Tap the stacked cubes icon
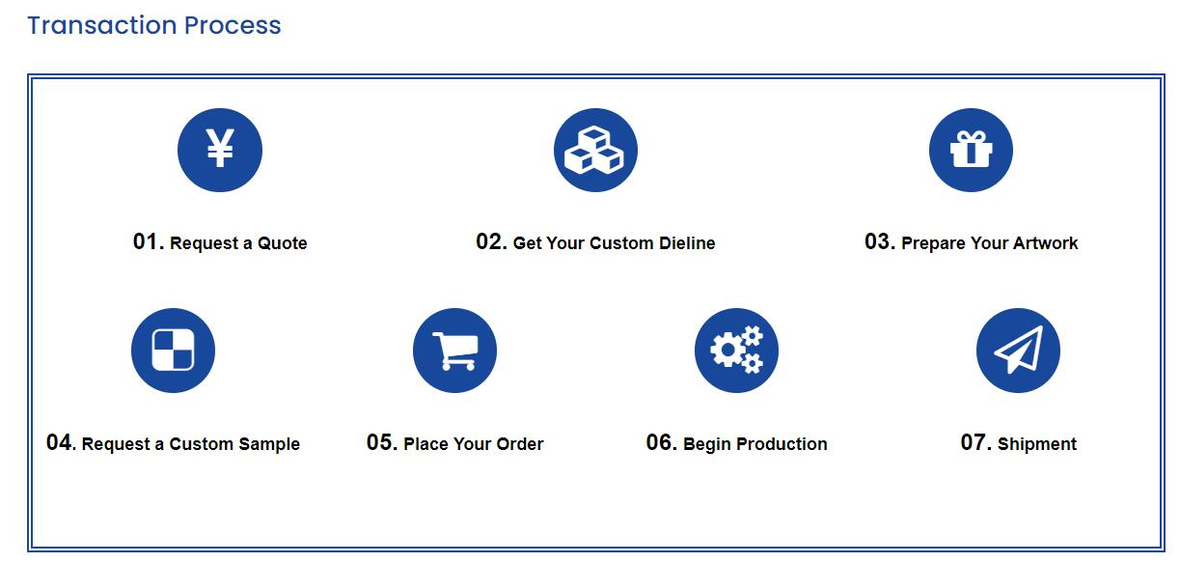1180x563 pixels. (595, 150)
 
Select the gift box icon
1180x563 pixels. (971, 149)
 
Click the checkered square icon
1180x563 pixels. (173, 350)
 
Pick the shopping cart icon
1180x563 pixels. (455, 351)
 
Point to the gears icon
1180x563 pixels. (736, 350)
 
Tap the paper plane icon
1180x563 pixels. (1018, 350)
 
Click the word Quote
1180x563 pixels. (283, 243)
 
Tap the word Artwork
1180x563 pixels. (1046, 243)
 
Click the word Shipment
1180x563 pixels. (1037, 444)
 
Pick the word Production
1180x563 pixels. (782, 444)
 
